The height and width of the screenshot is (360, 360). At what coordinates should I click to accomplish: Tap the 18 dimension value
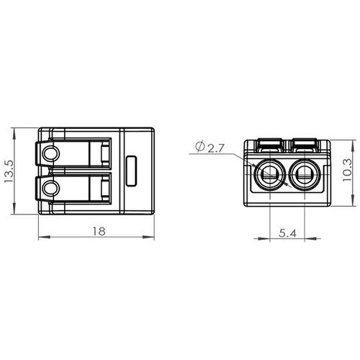pyautogui.click(x=99, y=231)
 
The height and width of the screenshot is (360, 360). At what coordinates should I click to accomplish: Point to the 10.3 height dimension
pyautogui.click(x=347, y=170)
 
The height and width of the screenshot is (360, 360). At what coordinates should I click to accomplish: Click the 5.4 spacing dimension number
pyautogui.click(x=287, y=233)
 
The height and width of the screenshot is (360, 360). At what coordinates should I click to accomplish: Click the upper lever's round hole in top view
pyautogui.click(x=50, y=153)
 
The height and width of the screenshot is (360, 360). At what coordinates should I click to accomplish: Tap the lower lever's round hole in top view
pyautogui.click(x=50, y=188)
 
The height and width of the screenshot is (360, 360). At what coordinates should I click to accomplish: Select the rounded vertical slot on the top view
pyautogui.click(x=131, y=171)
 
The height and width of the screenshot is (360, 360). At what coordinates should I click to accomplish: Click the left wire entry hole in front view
pyautogui.click(x=270, y=175)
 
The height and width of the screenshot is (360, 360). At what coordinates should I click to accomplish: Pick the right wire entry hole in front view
pyautogui.click(x=305, y=175)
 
